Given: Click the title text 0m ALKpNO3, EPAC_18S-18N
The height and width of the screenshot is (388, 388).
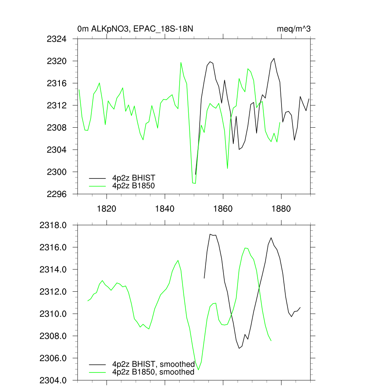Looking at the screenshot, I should pyautogui.click(x=136, y=29).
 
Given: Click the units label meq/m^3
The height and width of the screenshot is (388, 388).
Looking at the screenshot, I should pyautogui.click(x=294, y=29).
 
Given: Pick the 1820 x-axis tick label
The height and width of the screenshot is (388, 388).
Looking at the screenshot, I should pyautogui.click(x=106, y=209).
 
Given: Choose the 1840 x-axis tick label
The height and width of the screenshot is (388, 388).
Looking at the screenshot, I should pyautogui.click(x=165, y=209).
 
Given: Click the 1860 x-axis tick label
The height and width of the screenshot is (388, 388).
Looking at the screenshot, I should pyautogui.click(x=223, y=209).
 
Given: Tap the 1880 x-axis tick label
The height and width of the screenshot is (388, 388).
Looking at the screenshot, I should pyautogui.click(x=282, y=209).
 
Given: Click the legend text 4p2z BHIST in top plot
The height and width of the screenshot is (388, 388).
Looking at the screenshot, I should pyautogui.click(x=133, y=178).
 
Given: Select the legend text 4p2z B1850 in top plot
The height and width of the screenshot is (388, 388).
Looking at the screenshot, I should pyautogui.click(x=133, y=186).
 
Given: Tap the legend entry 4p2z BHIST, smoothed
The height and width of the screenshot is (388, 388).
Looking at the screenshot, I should pyautogui.click(x=153, y=365).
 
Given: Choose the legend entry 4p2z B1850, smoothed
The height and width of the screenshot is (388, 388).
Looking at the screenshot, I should pyautogui.click(x=153, y=372).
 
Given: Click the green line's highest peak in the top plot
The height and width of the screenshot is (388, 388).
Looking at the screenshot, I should pyautogui.click(x=181, y=63).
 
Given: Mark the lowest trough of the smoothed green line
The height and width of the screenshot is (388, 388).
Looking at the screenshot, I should pyautogui.click(x=199, y=369).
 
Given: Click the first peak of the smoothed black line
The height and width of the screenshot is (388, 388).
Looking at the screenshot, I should pyautogui.click(x=210, y=234).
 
